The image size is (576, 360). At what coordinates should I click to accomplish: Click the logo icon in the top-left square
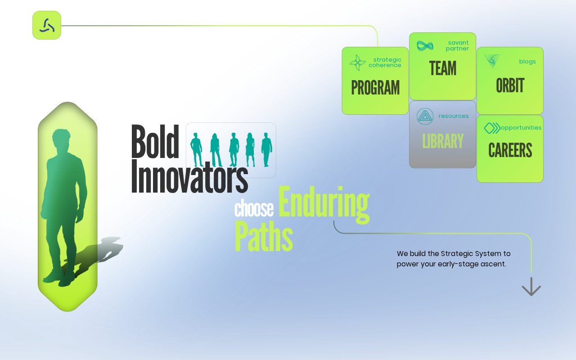pyautogui.click(x=47, y=26)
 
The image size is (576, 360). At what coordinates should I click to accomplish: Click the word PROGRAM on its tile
pyautogui.click(x=375, y=87)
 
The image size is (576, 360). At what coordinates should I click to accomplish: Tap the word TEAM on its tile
pyautogui.click(x=443, y=68)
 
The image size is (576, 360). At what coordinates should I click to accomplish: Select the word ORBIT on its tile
pyautogui.click(x=510, y=85)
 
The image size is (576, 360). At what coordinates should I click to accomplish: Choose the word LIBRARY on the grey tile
pyautogui.click(x=443, y=141)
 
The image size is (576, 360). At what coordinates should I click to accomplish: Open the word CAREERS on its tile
pyautogui.click(x=510, y=150)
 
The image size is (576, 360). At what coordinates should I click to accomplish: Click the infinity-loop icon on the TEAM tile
pyautogui.click(x=425, y=46)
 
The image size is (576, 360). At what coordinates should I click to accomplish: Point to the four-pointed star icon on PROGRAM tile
pyautogui.click(x=358, y=63)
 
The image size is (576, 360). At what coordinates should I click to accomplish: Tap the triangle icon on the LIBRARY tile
pyautogui.click(x=425, y=116)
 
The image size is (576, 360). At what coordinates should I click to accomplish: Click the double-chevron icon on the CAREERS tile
pyautogui.click(x=492, y=128)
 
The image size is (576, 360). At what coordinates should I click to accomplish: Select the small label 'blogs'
pyautogui.click(x=527, y=62)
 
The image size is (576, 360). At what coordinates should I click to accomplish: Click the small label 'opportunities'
pyautogui.click(x=521, y=128)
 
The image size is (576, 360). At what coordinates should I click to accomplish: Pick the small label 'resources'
pyautogui.click(x=454, y=116)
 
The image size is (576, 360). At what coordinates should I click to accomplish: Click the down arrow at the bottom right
pyautogui.click(x=531, y=287)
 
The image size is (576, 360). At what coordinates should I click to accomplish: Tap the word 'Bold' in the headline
pyautogui.click(x=155, y=141)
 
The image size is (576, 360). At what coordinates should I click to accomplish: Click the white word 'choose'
pyautogui.click(x=254, y=208)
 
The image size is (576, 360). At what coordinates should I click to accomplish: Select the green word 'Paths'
pyautogui.click(x=264, y=236)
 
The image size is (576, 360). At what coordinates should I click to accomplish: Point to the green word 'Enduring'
pyautogui.click(x=324, y=204)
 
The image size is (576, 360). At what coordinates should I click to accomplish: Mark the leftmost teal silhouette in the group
pyautogui.click(x=196, y=150)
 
